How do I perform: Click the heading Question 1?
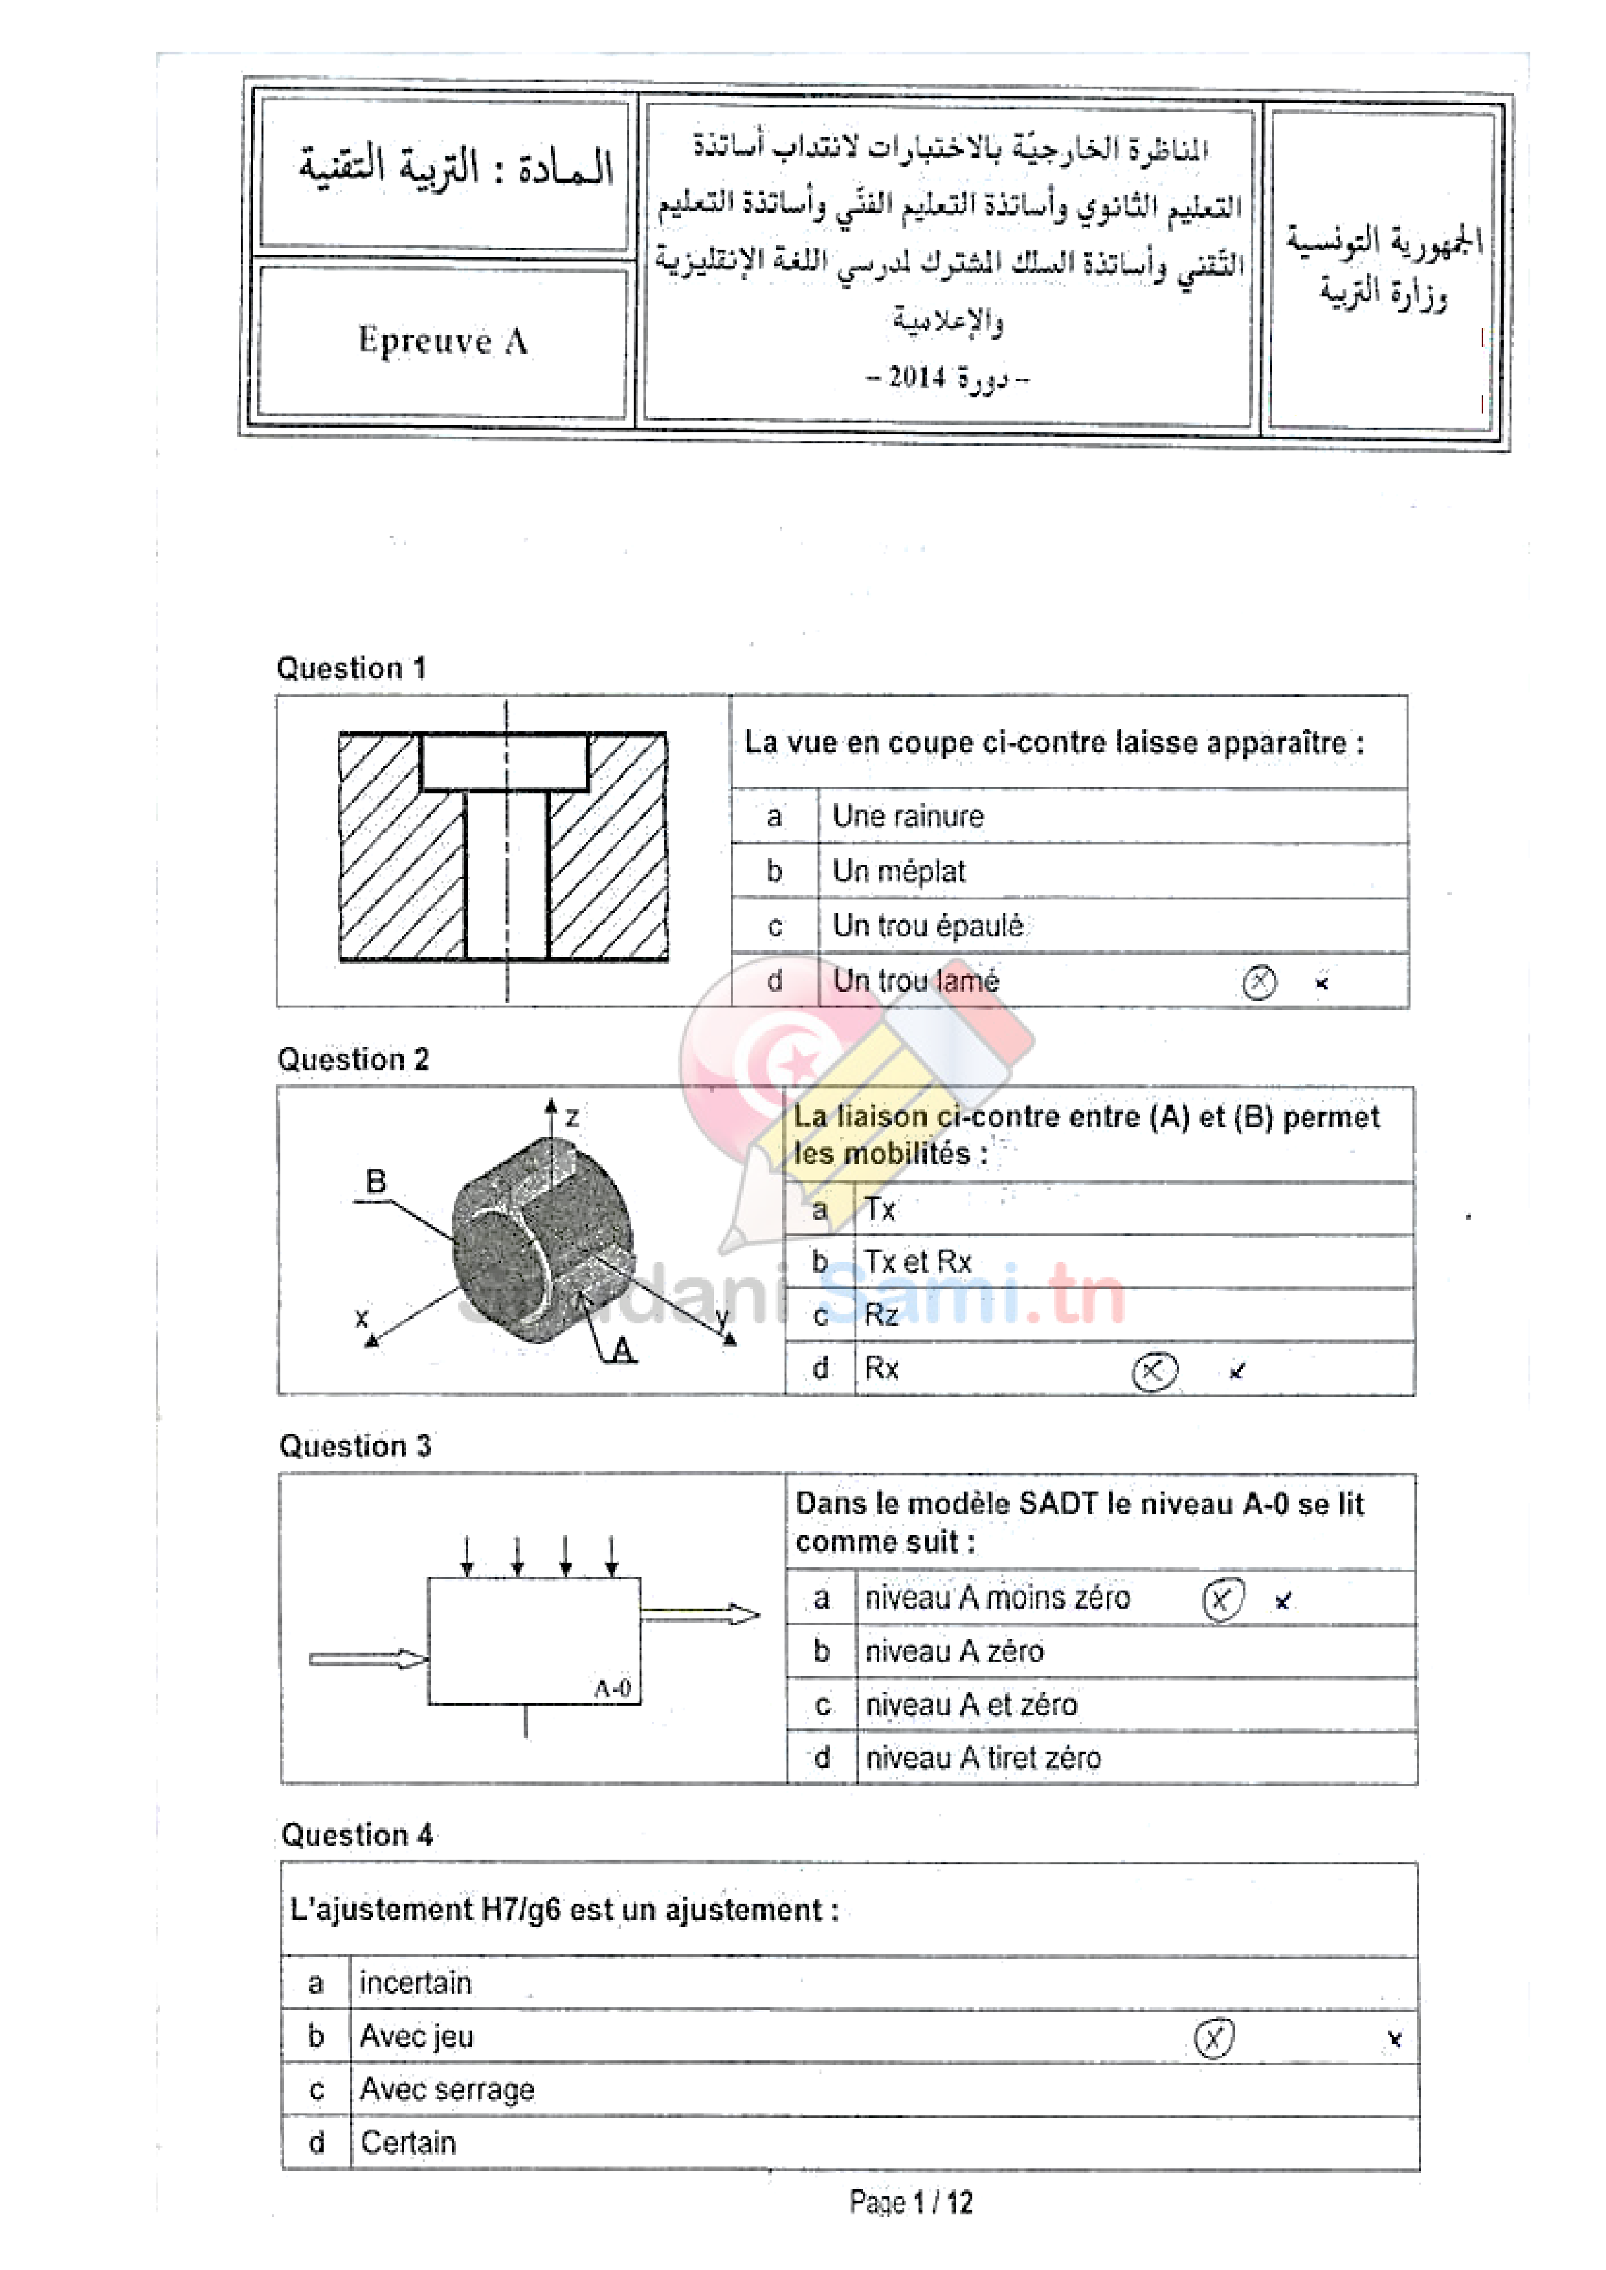(350, 668)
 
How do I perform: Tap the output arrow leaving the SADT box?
(700, 1614)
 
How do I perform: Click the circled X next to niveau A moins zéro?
(1221, 1600)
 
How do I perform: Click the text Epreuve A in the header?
(442, 340)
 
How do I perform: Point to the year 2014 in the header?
(916, 377)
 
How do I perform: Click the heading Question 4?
(357, 1835)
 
